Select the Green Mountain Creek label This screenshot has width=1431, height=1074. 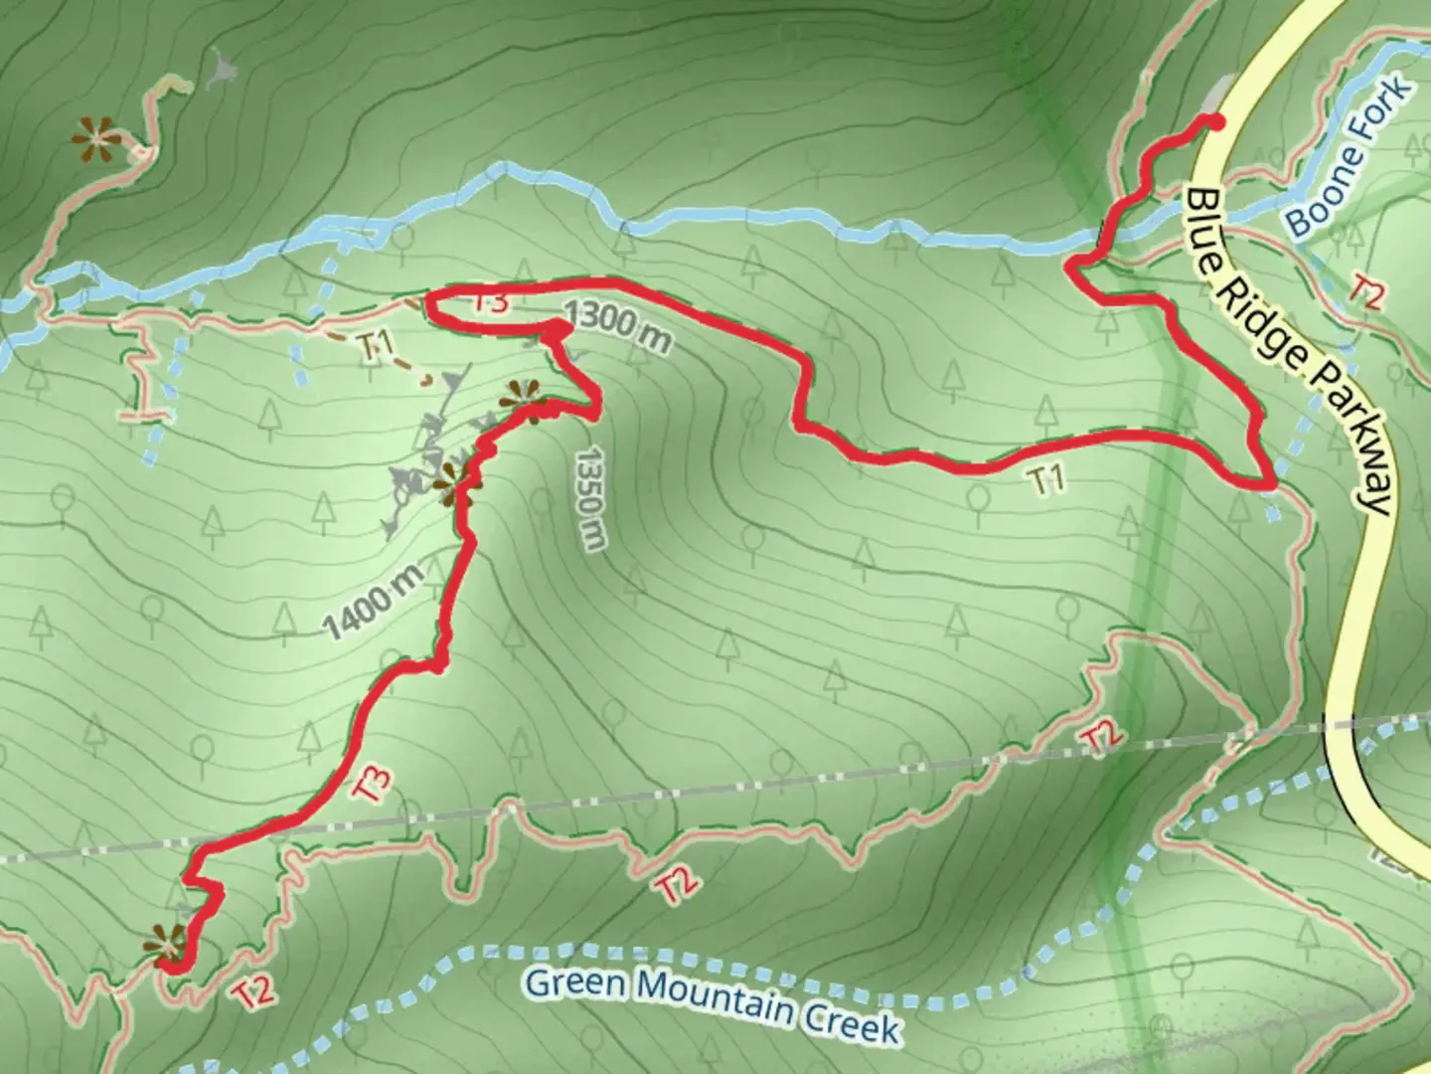pos(712,1002)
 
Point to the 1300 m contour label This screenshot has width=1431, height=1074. pos(617,329)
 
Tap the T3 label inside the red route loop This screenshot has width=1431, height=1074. pos(487,302)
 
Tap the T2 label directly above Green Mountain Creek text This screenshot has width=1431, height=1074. pos(676,885)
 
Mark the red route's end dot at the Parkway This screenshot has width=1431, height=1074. pos(1213,121)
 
